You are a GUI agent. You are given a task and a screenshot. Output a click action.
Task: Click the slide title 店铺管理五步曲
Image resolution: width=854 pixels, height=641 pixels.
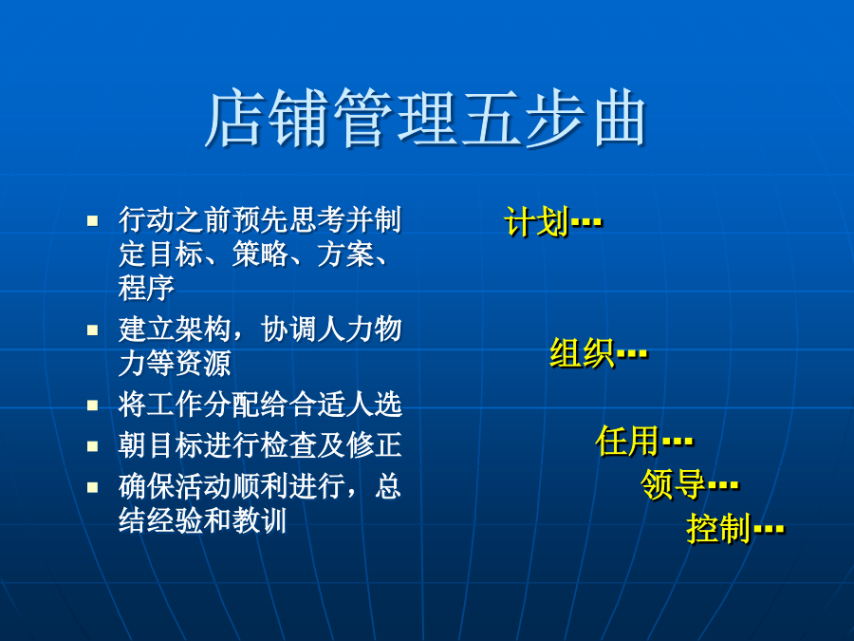tap(425, 118)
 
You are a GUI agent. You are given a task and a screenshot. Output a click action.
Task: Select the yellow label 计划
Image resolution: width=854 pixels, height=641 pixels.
tap(537, 222)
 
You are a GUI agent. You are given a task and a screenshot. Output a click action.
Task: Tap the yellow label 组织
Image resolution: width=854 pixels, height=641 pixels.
tap(583, 352)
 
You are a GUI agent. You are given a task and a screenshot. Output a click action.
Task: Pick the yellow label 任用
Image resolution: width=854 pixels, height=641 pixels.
tap(628, 441)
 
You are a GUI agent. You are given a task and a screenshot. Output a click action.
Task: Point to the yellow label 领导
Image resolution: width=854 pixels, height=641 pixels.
tap(674, 484)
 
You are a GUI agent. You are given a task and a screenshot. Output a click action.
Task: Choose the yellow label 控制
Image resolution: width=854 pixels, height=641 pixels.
tap(719, 528)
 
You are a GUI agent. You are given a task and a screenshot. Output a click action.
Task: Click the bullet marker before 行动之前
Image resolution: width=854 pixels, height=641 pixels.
tap(93, 220)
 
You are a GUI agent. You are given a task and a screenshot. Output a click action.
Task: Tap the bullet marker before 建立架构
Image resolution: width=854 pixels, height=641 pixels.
tap(93, 330)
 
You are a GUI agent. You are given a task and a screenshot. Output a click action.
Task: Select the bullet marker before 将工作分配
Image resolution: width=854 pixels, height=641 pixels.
tap(93, 405)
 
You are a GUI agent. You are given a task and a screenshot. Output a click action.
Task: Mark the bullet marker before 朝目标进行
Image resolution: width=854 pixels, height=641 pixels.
tap(93, 446)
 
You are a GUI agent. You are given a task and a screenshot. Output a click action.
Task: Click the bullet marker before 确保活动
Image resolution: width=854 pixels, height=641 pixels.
tap(93, 487)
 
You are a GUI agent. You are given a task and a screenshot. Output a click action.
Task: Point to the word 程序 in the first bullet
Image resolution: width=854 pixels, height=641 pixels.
tap(146, 287)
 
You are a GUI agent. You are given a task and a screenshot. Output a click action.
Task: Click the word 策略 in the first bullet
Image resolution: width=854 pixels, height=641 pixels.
tap(260, 254)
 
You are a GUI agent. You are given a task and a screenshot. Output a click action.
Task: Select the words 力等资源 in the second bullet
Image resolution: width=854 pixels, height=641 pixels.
tap(175, 363)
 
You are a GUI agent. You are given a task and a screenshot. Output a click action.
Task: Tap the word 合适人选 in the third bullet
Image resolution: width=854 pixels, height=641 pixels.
tap(345, 405)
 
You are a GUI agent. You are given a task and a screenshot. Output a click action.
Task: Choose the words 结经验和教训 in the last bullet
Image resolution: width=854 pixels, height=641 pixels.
tap(203, 520)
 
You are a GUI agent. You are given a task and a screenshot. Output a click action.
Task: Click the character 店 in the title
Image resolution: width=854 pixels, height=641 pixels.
tap(234, 119)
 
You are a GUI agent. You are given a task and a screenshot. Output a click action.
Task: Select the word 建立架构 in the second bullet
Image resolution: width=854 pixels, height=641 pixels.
tap(175, 330)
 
